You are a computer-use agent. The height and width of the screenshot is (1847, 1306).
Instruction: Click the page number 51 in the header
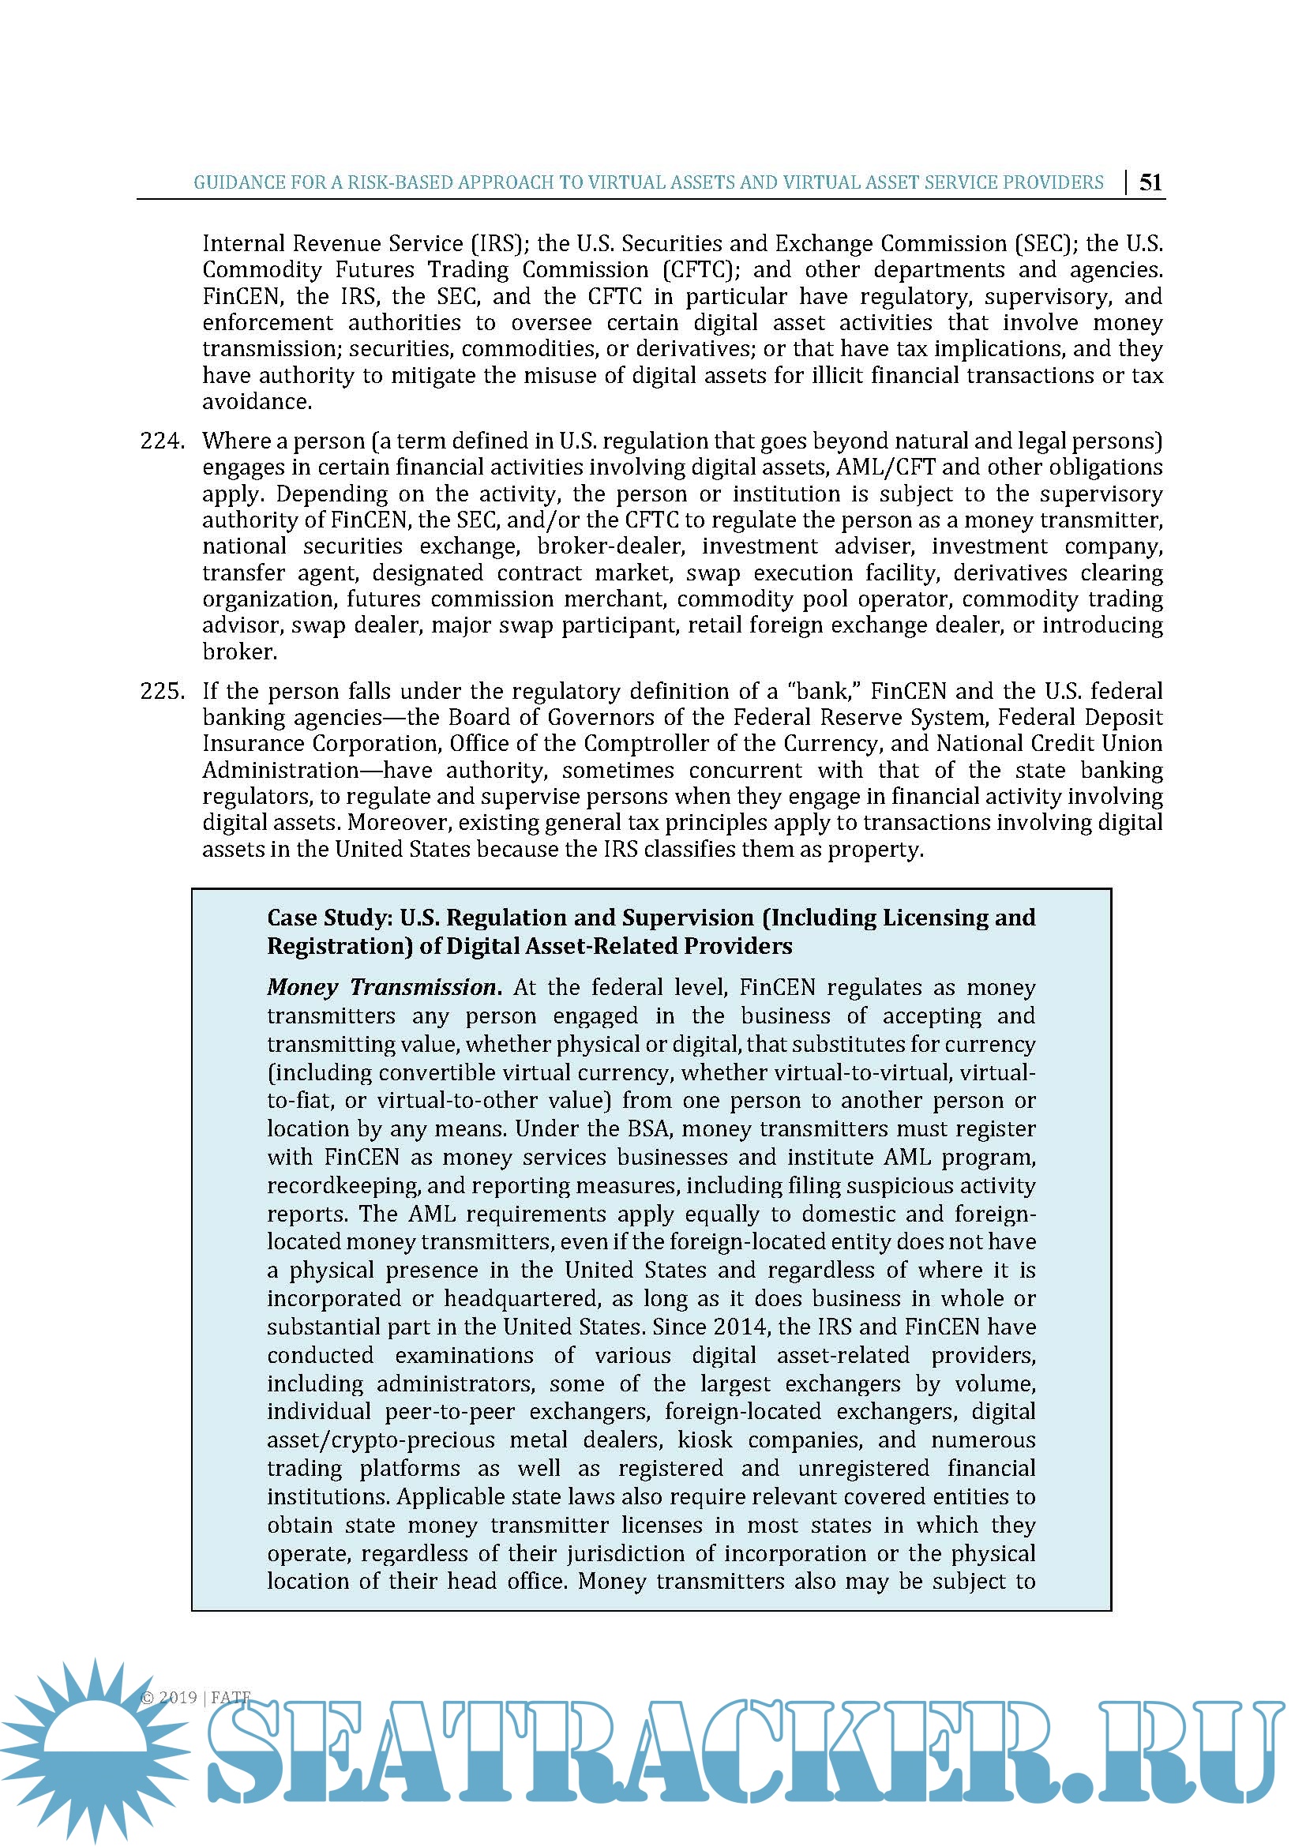(x=1150, y=182)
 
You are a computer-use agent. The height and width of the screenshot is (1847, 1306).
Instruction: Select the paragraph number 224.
(x=163, y=441)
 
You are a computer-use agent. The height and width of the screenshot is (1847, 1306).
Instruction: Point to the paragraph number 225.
(x=163, y=691)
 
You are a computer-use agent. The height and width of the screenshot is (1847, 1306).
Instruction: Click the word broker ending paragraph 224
(x=238, y=651)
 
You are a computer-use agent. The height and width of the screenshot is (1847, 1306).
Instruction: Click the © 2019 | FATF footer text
(x=195, y=1698)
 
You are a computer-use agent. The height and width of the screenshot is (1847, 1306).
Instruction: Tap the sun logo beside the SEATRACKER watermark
(x=94, y=1752)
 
